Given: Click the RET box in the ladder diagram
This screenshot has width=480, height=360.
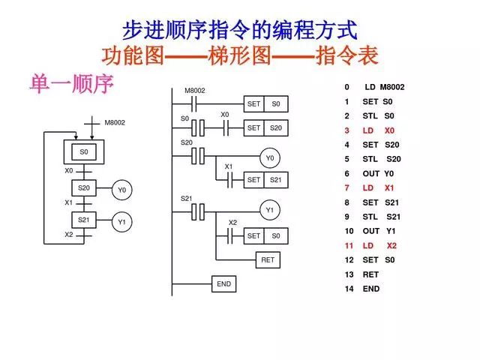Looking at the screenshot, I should (267, 260).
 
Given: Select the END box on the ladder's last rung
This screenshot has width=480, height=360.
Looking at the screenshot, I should (223, 284).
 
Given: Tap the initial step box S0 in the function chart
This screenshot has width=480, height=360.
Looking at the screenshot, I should (84, 151).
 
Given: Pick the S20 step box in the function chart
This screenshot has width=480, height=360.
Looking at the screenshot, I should (84, 188).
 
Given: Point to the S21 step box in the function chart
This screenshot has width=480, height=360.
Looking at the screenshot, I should (84, 220).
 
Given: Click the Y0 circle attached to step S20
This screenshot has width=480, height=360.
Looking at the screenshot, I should (121, 191).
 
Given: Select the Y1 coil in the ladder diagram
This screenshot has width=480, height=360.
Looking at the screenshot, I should (269, 211).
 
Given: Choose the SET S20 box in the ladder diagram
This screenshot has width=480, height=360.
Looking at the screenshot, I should (266, 128).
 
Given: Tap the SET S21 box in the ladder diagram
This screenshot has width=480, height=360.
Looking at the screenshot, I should (266, 180).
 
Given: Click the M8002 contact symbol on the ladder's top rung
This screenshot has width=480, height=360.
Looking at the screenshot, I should (196, 104).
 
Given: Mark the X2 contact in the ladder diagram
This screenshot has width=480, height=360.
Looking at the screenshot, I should (232, 235).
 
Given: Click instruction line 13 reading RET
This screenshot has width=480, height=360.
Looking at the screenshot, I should (364, 274).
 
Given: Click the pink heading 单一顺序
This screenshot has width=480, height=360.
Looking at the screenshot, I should (71, 83).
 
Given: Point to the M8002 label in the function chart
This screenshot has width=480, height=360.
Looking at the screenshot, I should (115, 122).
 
